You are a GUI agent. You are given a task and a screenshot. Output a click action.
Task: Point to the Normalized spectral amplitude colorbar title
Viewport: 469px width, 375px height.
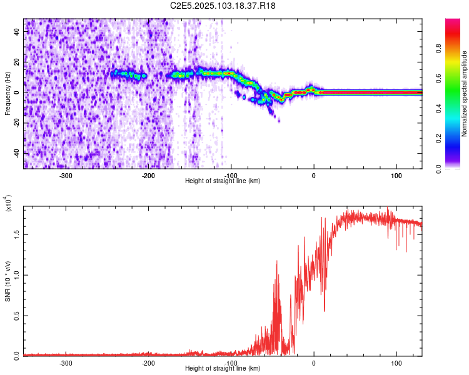click(464, 94)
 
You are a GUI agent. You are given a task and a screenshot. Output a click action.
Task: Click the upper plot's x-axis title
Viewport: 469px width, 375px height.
click(223, 181)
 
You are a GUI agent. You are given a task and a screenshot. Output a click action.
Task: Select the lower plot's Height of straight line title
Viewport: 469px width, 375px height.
click(223, 368)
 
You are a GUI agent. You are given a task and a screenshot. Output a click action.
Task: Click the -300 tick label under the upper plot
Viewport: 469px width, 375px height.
click(66, 176)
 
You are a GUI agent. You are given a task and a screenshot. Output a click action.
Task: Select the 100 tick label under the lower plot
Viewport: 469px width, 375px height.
click(396, 362)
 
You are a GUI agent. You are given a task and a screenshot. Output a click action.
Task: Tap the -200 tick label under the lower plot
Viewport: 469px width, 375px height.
click(148, 362)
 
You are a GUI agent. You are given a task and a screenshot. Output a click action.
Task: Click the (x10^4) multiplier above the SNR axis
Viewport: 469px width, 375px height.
click(9, 204)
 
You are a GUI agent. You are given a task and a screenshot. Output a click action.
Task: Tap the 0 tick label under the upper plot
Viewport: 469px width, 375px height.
click(314, 176)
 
